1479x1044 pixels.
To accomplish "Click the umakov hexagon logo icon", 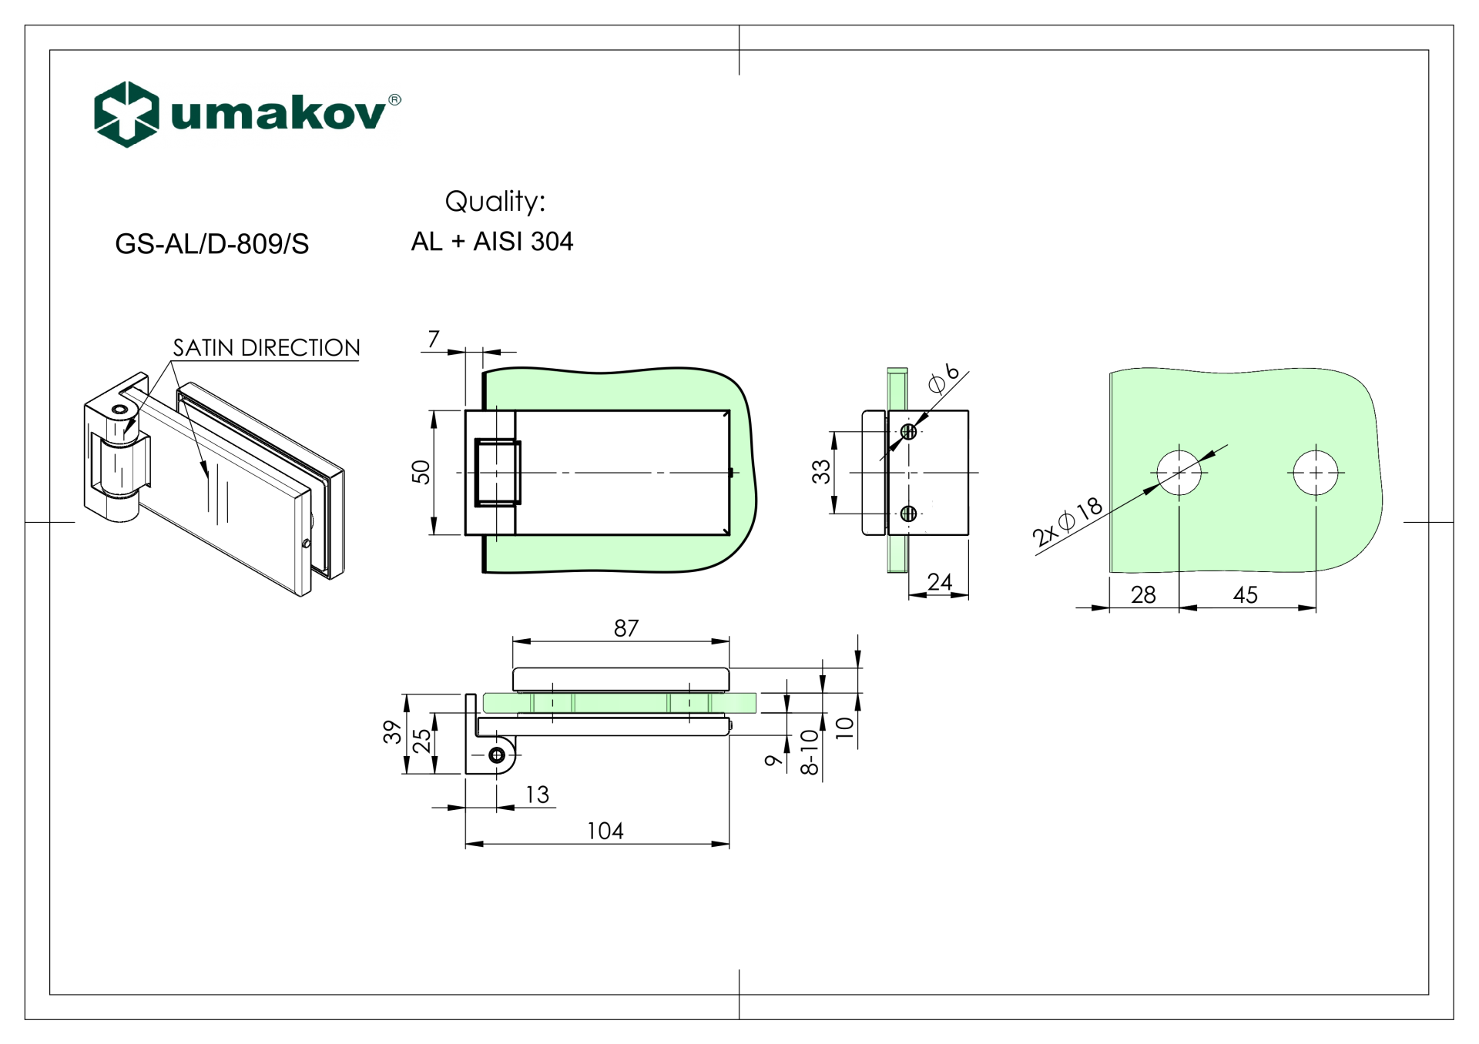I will coord(126,114).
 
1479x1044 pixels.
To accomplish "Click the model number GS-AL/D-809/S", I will coord(212,244).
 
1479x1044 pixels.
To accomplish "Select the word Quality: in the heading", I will coord(495,202).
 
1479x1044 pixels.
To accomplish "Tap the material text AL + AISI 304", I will coord(491,242).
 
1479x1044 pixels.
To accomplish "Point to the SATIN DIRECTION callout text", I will coord(266,348).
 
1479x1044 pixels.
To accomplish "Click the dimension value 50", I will coord(421,471).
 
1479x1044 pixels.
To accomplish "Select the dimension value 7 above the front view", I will coord(434,339).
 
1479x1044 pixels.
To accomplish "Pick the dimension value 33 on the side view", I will coord(821,471).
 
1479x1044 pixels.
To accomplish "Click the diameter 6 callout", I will coord(944,378).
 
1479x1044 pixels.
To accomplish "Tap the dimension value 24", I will coord(939,582).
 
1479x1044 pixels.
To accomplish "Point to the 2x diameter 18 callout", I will coord(1067,522).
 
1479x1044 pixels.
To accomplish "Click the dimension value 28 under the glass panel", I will coord(1143,594).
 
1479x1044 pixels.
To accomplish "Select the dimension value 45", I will coord(1245,594).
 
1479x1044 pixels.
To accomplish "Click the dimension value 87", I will coord(625,628).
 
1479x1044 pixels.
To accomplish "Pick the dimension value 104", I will coord(605,831).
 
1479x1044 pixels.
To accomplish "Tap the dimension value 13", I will coord(537,795).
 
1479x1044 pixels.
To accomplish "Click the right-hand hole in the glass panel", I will coord(1316,472).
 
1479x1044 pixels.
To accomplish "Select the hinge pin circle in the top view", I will coord(497,755).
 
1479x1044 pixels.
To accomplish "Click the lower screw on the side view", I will coord(908,513).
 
